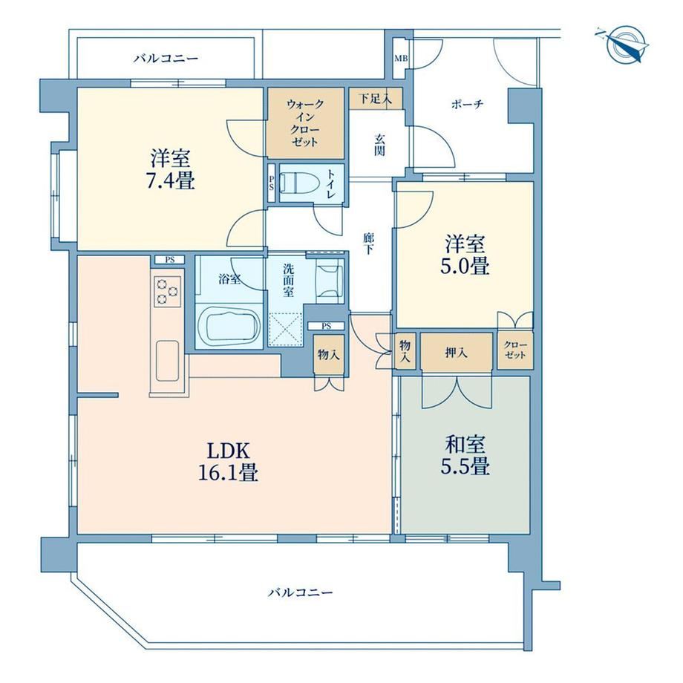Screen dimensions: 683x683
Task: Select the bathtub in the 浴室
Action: (229, 324)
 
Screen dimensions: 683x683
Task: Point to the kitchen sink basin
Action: (167, 361)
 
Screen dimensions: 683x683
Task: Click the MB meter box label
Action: (401, 57)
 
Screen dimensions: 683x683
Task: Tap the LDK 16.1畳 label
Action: (228, 461)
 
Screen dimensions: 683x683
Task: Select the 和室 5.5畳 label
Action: (465, 455)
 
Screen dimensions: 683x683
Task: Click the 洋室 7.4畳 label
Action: (170, 169)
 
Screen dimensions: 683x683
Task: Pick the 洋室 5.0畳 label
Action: (465, 255)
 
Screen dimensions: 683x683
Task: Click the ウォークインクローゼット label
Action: (305, 122)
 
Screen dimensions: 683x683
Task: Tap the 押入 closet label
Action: (456, 353)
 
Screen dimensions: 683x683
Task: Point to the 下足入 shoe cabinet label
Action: (375, 99)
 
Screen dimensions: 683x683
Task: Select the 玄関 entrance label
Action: (379, 145)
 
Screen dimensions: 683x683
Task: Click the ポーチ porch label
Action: (468, 105)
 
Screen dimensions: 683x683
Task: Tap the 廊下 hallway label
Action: (368, 244)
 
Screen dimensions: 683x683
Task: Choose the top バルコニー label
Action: (166, 58)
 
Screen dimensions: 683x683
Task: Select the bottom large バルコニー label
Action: (300, 592)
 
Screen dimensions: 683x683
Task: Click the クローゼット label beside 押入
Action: (515, 350)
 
